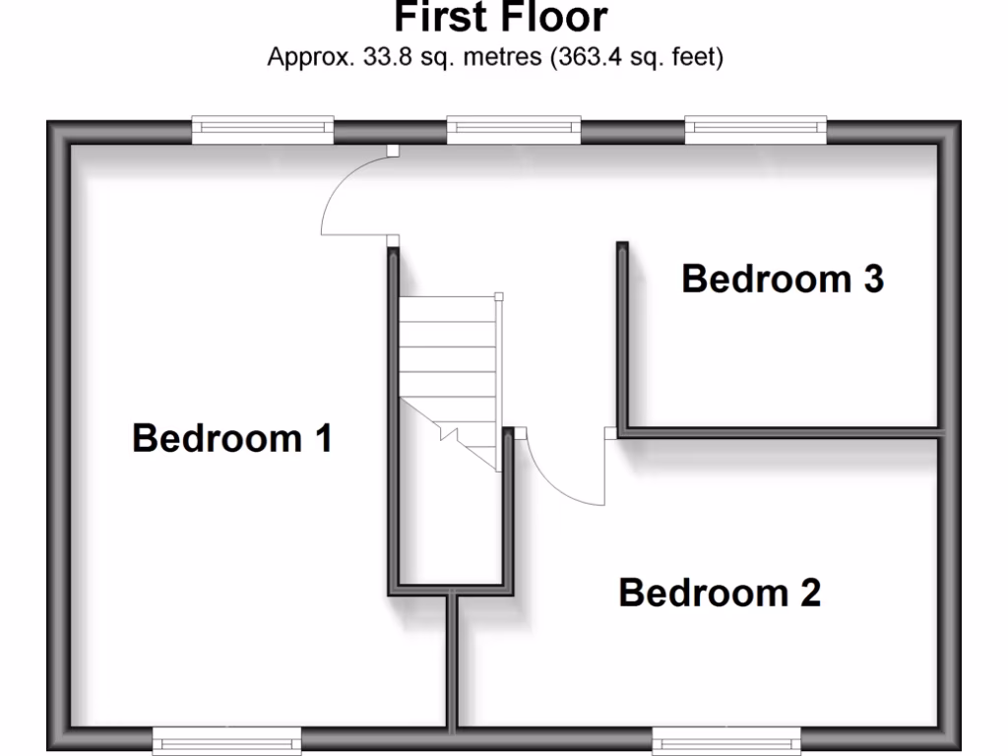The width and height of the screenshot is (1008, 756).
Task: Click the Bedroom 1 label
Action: [232, 438]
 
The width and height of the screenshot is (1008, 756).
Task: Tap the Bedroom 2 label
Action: [720, 593]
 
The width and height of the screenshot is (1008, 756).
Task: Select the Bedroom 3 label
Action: [783, 280]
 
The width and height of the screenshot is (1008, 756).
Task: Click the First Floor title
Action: [501, 17]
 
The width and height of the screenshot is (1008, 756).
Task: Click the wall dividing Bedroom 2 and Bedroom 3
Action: [778, 431]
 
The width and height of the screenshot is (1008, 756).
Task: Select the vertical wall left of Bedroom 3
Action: [623, 335]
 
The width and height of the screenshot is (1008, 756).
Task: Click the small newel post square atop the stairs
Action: [499, 296]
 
